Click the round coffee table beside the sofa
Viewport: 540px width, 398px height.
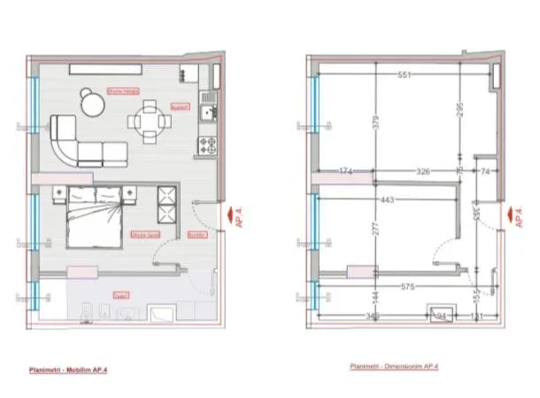click(x=91, y=104)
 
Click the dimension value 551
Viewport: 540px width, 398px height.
click(x=404, y=75)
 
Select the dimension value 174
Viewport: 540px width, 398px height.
click(x=344, y=170)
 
